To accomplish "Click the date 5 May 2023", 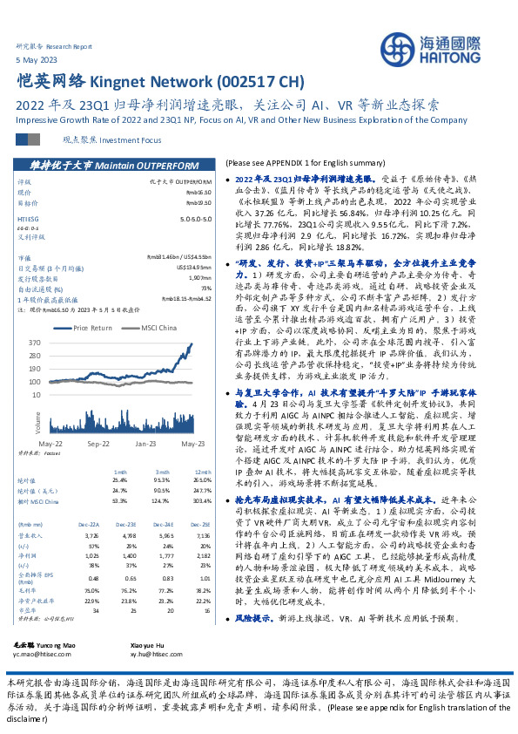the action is pyautogui.click(x=36, y=58).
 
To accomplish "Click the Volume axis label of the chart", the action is pyautogui.click(x=38, y=422).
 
